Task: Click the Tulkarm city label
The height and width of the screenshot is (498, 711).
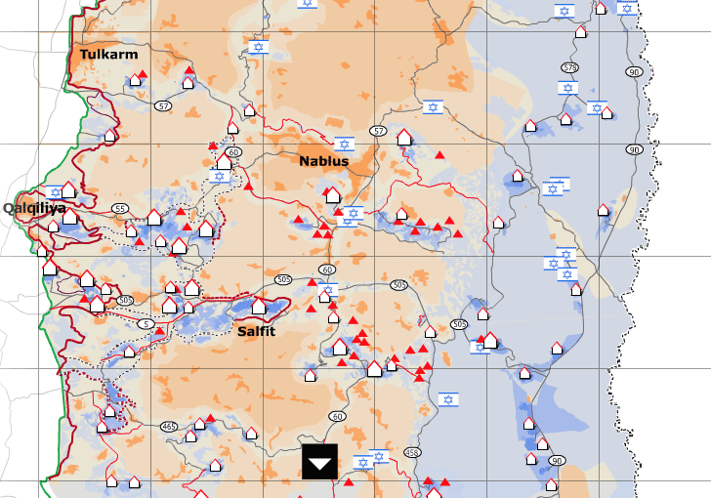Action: [x=109, y=55]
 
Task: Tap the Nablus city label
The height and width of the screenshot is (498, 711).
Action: [x=323, y=161]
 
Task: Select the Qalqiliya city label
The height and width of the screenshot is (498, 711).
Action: [x=34, y=208]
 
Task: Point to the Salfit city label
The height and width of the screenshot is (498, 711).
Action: [x=256, y=331]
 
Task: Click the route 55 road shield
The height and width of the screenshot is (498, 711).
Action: [x=120, y=209]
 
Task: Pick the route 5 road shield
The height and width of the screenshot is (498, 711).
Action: [x=146, y=323]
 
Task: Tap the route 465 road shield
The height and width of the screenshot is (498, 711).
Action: [x=169, y=426]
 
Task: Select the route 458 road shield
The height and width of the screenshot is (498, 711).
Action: [x=411, y=452]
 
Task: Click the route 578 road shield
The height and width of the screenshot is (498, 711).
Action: [x=569, y=67]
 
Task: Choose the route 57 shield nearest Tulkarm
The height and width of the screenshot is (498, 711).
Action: [x=162, y=105]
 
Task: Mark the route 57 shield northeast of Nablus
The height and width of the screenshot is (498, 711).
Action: [x=378, y=130]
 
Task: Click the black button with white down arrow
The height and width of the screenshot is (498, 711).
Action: [x=319, y=462]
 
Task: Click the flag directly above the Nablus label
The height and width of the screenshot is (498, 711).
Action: [x=344, y=145]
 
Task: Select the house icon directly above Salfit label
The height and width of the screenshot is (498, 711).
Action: [x=259, y=307]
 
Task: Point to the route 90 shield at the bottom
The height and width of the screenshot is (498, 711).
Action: [x=557, y=461]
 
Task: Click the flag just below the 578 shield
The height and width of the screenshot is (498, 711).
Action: [x=566, y=89]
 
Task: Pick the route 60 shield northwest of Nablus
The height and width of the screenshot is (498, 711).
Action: [x=233, y=152]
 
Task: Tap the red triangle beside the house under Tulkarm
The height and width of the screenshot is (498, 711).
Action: [x=143, y=74]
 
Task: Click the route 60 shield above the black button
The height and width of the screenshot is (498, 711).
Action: [x=338, y=416]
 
